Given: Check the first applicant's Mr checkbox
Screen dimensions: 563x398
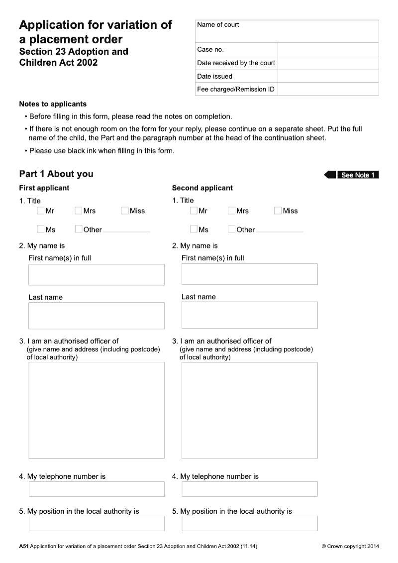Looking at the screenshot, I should (x=40, y=211).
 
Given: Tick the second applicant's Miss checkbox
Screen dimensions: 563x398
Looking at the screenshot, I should (x=278, y=211).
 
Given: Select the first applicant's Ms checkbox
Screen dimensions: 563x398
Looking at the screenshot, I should (x=40, y=229).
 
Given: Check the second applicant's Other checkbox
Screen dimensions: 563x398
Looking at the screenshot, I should (x=231, y=229).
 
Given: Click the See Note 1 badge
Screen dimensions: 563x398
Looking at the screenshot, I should (x=357, y=175).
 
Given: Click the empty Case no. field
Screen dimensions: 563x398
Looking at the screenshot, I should (x=328, y=49).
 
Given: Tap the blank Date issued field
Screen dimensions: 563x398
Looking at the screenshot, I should (x=328, y=76).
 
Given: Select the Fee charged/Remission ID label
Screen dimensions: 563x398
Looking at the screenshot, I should (x=236, y=90).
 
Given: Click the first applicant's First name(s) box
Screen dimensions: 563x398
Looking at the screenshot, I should (x=97, y=274).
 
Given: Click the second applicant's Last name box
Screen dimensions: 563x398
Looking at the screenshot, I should (x=249, y=315).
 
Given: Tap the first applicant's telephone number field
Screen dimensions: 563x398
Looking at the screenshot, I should (x=97, y=489).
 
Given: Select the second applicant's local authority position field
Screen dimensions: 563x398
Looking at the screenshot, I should (x=249, y=523).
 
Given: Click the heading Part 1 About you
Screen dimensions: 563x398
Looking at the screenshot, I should (x=56, y=174).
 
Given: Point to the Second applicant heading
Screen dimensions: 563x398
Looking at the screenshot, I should (x=202, y=188).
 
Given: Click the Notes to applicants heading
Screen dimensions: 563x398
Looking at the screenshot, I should (x=53, y=104).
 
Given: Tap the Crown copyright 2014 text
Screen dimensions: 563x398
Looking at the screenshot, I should (x=350, y=546).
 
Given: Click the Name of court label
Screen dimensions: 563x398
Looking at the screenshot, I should (x=218, y=25).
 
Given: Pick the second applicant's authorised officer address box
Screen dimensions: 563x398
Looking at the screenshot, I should (x=249, y=410).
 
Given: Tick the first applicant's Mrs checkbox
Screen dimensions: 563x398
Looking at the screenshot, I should (x=78, y=211).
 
